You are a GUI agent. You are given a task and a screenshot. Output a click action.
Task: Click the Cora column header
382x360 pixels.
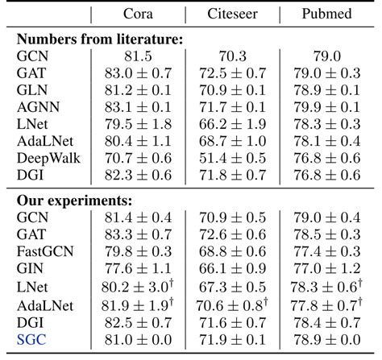pyautogui.click(x=139, y=14)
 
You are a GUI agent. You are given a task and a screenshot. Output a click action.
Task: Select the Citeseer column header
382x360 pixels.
pyautogui.click(x=231, y=14)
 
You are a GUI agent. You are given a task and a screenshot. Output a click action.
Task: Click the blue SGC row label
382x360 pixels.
pyautogui.click(x=31, y=340)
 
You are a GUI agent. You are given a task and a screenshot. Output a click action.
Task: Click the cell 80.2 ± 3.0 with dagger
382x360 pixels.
pyautogui.click(x=139, y=288)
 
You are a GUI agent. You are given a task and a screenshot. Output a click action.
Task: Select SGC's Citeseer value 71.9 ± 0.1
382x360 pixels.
pyautogui.click(x=231, y=340)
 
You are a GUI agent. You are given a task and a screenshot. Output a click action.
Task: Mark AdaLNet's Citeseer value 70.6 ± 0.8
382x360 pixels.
pyautogui.click(x=231, y=305)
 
